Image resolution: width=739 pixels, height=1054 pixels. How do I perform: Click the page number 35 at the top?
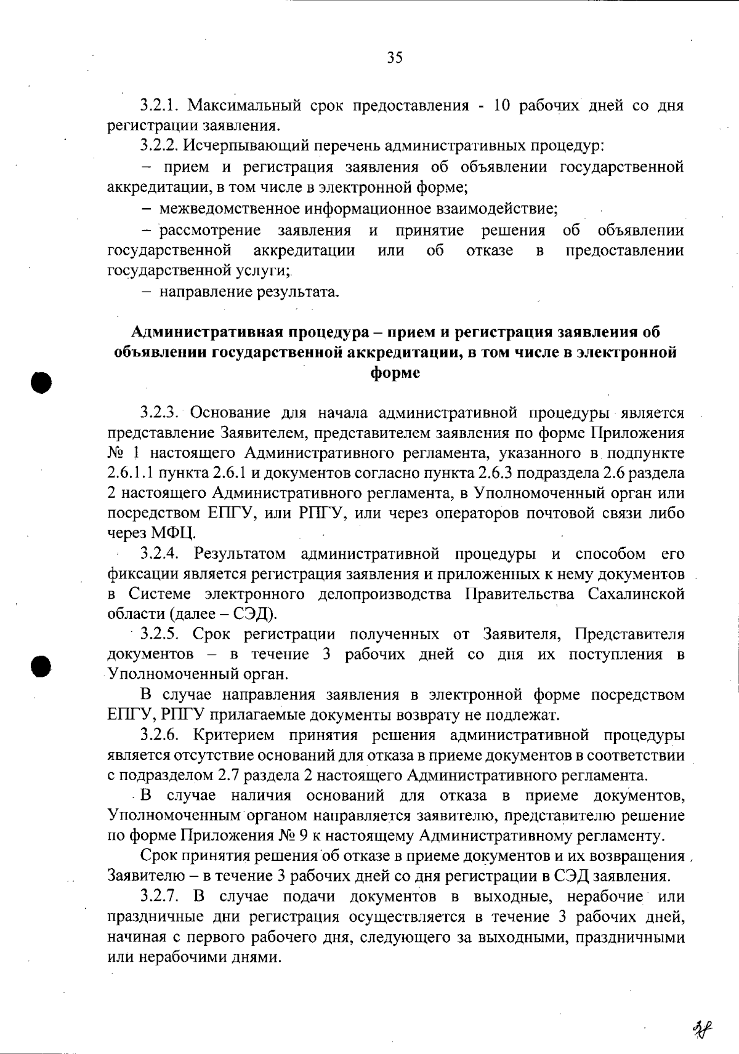click(x=395, y=58)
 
